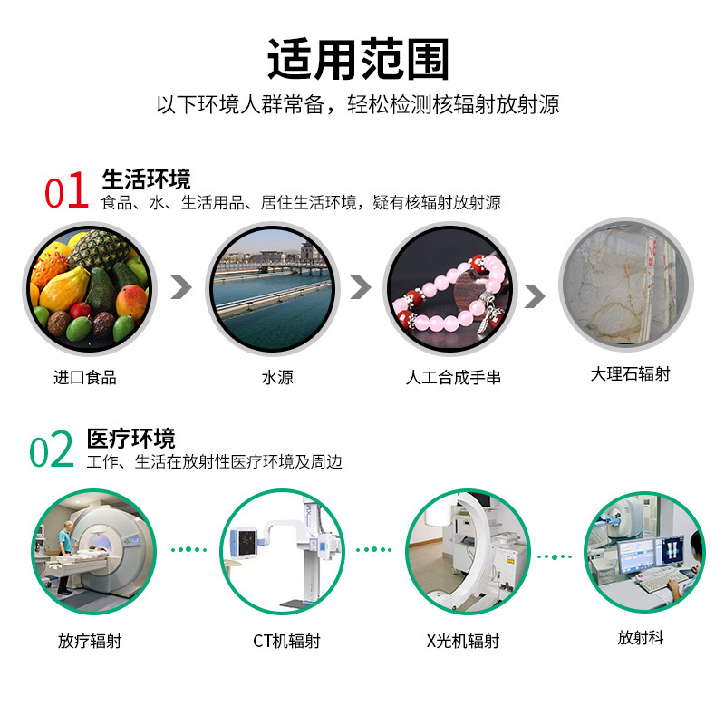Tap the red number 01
[67, 191]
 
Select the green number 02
[52, 450]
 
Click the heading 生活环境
[146, 179]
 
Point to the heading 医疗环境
[131, 439]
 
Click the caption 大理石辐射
[630, 373]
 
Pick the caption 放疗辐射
[90, 642]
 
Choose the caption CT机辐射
[286, 642]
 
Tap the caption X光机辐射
[463, 642]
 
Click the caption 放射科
[641, 638]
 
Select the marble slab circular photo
[625, 284]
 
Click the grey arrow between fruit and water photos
[182, 287]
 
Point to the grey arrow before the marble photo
[535, 295]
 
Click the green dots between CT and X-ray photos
[372, 550]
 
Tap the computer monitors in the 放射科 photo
[648, 552]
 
